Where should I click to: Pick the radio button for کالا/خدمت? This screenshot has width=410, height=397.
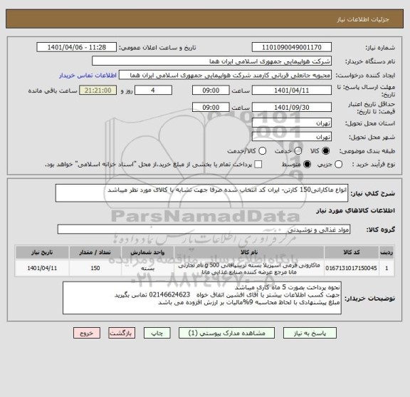tap(263, 150)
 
